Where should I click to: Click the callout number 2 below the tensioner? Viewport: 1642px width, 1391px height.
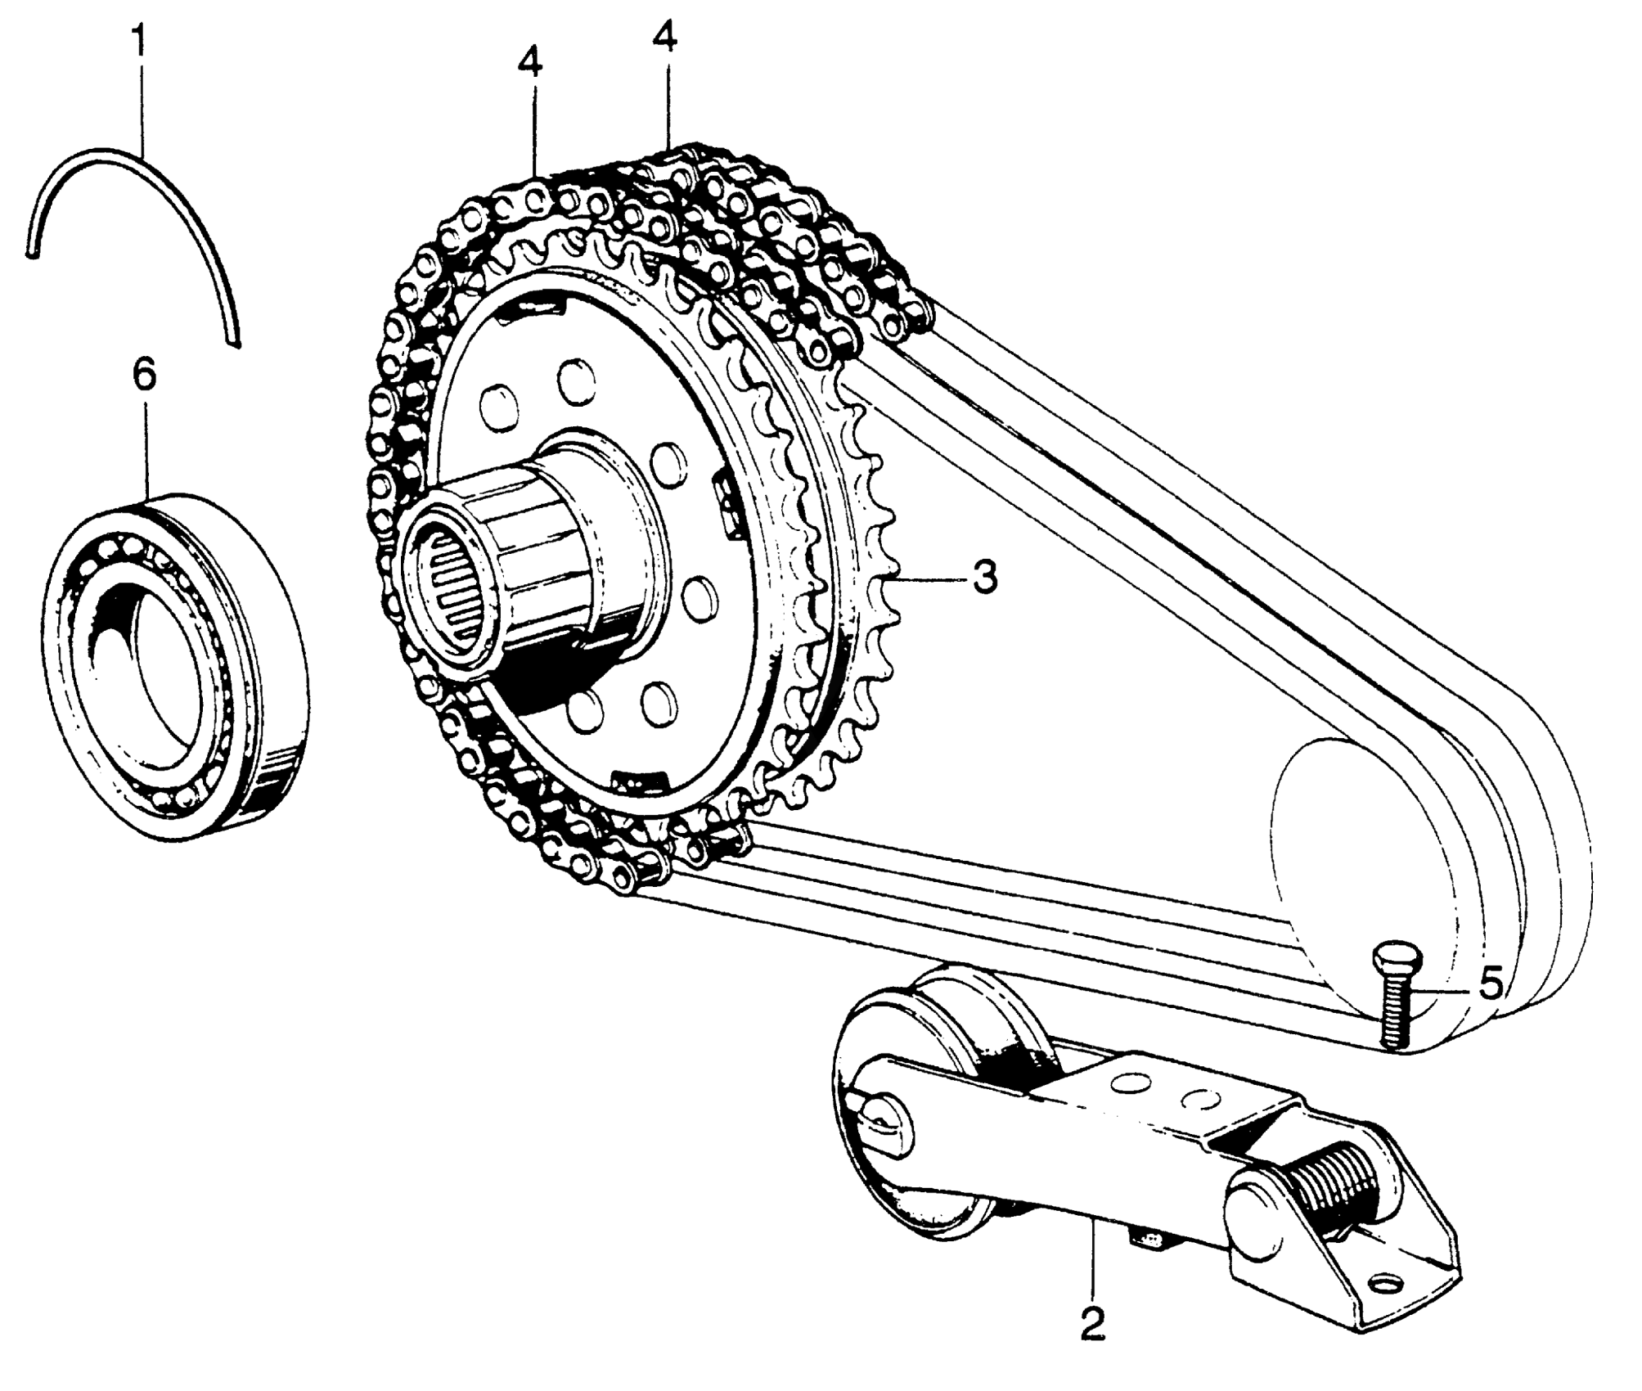pyautogui.click(x=1092, y=1324)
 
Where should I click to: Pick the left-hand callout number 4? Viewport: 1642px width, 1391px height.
pyautogui.click(x=529, y=63)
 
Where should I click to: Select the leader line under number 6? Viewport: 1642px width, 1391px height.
pyautogui.click(x=145, y=450)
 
